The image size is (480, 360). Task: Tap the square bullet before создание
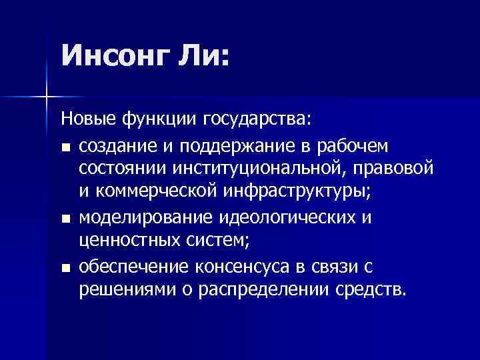pyautogui.click(x=65, y=147)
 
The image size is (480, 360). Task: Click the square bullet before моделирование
pyautogui.click(x=65, y=219)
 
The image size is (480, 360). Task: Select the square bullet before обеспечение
pyautogui.click(x=65, y=268)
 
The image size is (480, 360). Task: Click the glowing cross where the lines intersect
pyautogui.click(x=46, y=98)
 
